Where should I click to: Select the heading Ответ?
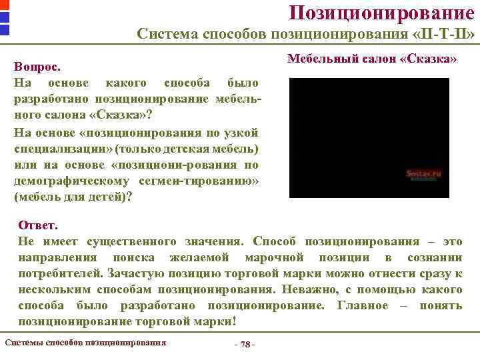39,225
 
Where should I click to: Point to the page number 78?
245,343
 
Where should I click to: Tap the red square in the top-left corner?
4,5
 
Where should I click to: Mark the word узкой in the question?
244,132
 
